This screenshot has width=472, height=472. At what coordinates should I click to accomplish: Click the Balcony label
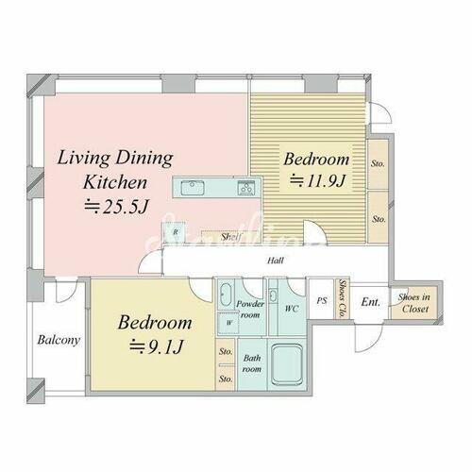pos(59,341)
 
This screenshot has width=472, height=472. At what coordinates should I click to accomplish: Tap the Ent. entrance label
pos(371,302)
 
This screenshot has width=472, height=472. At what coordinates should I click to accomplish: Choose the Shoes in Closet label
pos(414,302)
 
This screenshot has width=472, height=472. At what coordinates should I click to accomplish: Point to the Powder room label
pos(249,309)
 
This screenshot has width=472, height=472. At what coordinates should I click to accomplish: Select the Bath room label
pos(252,362)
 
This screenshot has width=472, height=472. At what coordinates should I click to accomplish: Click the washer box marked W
pos(229,324)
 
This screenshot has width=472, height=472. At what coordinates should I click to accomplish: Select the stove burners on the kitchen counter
pos(246,187)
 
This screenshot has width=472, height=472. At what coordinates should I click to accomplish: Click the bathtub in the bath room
pos(286,362)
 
